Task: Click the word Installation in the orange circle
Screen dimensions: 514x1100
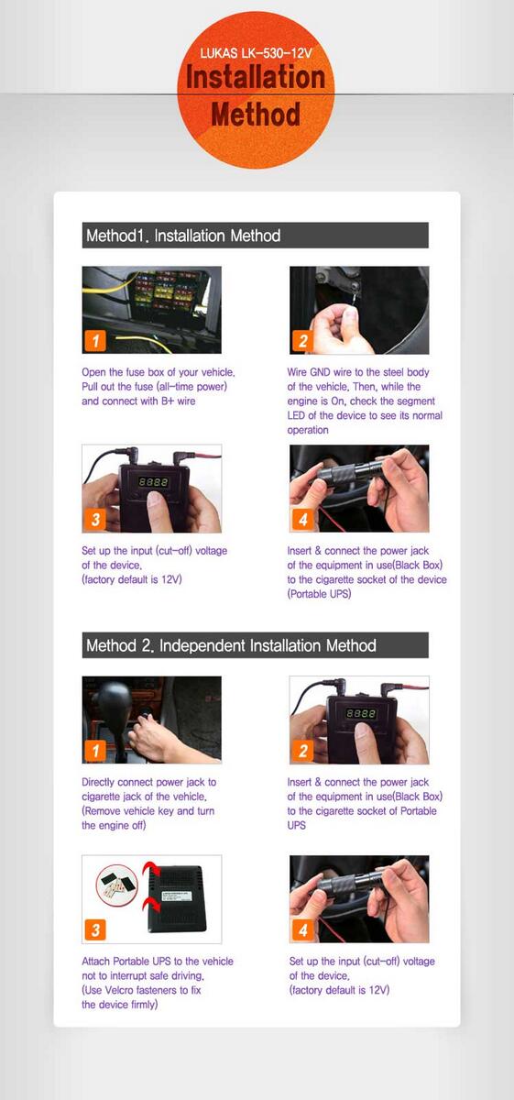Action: tap(256, 78)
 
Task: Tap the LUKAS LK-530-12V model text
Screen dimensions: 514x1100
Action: tap(256, 53)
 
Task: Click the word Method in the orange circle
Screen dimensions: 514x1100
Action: tap(256, 115)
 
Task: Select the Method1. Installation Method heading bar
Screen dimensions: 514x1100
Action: tap(256, 236)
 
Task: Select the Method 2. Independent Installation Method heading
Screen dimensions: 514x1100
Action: tap(256, 644)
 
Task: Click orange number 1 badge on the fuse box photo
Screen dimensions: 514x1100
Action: tap(95, 340)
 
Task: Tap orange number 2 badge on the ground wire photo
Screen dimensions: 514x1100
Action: tap(303, 340)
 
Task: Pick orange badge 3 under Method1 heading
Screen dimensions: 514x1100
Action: tap(95, 519)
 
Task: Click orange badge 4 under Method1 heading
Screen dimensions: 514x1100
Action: tap(303, 519)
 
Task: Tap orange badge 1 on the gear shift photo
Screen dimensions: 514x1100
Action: tap(95, 751)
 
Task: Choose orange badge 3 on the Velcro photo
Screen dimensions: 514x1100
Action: tap(95, 929)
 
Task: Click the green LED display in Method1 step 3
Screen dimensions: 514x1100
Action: tap(153, 482)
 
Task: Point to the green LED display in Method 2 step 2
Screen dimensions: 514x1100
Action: tap(361, 713)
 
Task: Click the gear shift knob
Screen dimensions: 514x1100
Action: tap(114, 698)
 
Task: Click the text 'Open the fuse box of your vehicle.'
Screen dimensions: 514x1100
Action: tap(159, 372)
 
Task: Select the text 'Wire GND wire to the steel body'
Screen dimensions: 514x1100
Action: tap(358, 372)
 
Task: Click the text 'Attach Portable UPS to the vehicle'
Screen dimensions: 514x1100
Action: tap(158, 961)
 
